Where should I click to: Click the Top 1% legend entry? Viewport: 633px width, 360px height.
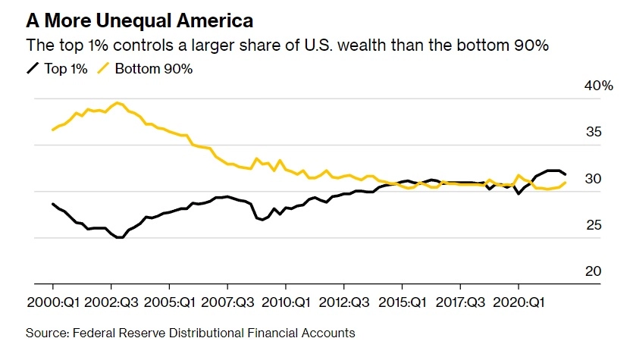click(57, 69)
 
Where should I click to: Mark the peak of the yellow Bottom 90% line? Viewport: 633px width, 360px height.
click(117, 102)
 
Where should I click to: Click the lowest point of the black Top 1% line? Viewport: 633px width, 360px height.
click(119, 237)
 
